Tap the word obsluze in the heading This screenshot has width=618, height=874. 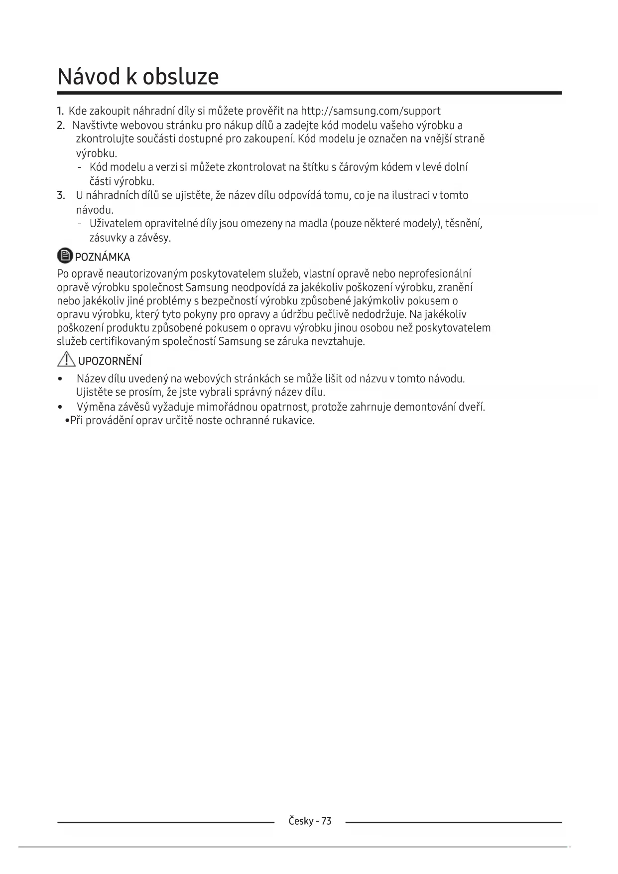pyautogui.click(x=181, y=77)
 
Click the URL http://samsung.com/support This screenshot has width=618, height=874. pyautogui.click(x=371, y=111)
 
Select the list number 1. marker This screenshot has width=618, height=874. pyautogui.click(x=60, y=111)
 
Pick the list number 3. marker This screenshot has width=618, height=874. pyautogui.click(x=61, y=195)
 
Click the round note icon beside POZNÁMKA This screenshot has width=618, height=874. pyautogui.click(x=65, y=256)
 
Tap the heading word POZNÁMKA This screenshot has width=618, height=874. pyautogui.click(x=102, y=257)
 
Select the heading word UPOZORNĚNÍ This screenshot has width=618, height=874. pyautogui.click(x=110, y=361)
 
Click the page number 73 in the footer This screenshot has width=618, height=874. pyautogui.click(x=326, y=821)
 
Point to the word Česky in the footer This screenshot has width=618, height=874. pyautogui.click(x=301, y=821)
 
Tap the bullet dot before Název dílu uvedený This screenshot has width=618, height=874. pyautogui.click(x=60, y=379)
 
